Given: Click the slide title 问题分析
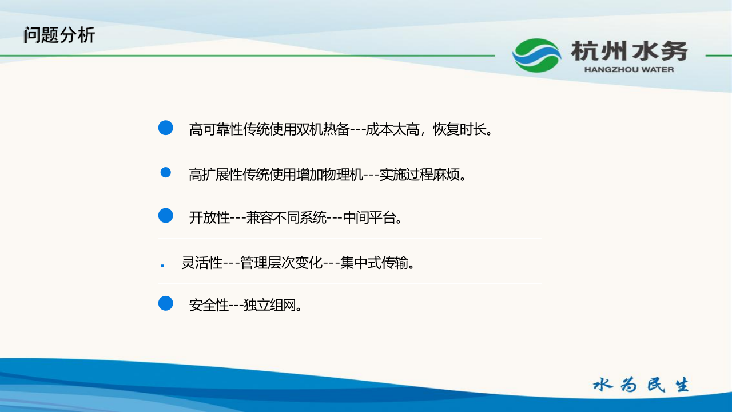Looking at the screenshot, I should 59,35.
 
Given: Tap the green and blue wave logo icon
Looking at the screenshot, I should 536,56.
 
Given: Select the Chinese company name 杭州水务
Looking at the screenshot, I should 629,51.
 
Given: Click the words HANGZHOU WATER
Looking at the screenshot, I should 629,70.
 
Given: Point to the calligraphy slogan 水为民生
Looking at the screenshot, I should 640,385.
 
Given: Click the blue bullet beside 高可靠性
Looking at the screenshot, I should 165,128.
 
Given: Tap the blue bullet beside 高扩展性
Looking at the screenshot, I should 166,172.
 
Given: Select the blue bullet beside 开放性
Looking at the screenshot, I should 165,216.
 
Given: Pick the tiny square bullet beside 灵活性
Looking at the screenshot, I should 162,266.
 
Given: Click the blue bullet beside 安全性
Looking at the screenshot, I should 165,303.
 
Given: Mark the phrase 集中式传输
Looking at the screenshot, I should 374,263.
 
